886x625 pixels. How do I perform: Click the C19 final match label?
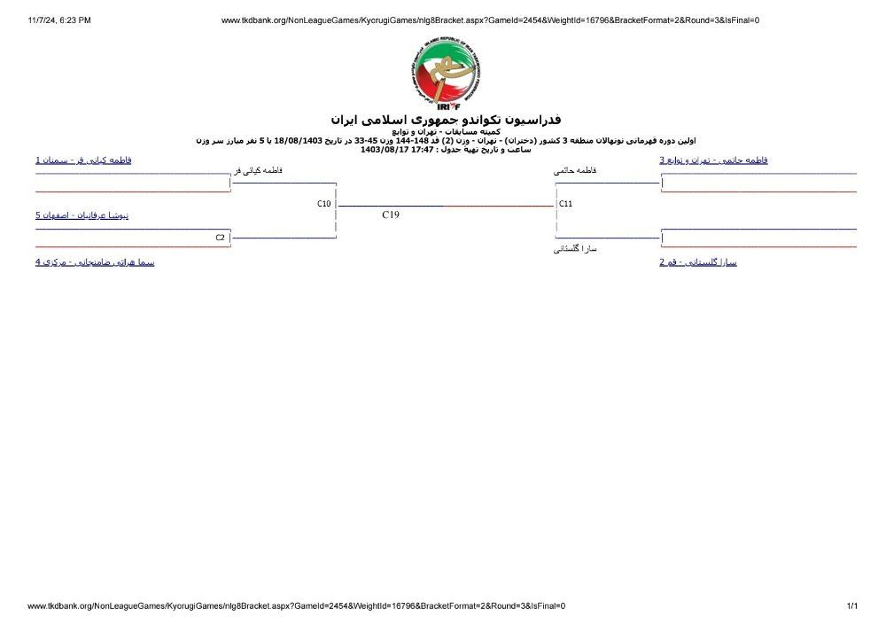click(x=391, y=215)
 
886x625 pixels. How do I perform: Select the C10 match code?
click(x=324, y=204)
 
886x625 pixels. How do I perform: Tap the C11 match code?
click(x=566, y=204)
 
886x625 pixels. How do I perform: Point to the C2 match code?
click(x=220, y=238)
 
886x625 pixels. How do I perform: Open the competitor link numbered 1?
click(x=83, y=160)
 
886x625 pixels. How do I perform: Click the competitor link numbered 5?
click(x=82, y=215)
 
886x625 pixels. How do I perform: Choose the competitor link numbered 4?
click(x=95, y=262)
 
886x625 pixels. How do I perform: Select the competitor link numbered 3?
click(x=713, y=160)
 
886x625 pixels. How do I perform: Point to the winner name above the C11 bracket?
click(x=575, y=170)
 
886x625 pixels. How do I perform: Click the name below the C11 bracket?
click(x=575, y=249)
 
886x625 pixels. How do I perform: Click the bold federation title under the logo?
click(x=446, y=120)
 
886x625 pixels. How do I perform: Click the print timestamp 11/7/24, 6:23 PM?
click(x=59, y=20)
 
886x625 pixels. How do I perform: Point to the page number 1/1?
click(x=852, y=606)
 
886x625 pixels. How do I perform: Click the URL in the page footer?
click(x=296, y=606)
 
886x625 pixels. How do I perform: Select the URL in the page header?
click(x=489, y=20)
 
